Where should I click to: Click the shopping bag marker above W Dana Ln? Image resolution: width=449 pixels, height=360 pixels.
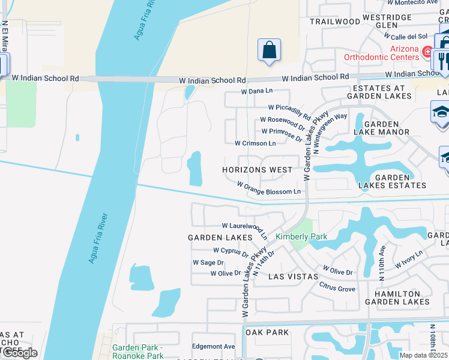(270, 50)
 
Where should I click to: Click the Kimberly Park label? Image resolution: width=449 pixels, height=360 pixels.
(301, 236)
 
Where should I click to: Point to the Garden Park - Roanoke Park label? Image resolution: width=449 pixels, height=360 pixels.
(138, 352)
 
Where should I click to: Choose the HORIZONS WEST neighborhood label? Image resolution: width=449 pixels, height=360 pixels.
(257, 170)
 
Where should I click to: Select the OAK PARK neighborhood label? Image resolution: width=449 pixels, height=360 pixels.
(267, 332)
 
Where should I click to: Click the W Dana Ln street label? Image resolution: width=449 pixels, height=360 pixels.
(257, 91)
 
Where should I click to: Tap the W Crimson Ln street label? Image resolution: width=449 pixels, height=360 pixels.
(255, 143)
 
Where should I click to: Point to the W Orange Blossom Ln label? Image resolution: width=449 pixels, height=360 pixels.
(269, 188)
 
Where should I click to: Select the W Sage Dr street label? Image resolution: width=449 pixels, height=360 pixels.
(208, 263)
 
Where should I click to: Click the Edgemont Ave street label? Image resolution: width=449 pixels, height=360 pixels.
(213, 346)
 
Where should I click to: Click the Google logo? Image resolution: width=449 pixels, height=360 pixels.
(19, 353)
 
